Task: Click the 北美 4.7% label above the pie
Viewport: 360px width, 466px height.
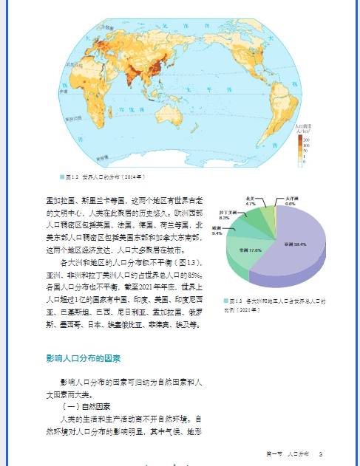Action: pyautogui.click(x=251, y=201)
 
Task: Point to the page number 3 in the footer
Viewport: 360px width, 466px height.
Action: pyautogui.click(x=321, y=453)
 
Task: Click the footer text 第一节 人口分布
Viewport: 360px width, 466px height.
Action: pyautogui.click(x=287, y=453)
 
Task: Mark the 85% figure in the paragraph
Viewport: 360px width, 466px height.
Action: pyautogui.click(x=188, y=274)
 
